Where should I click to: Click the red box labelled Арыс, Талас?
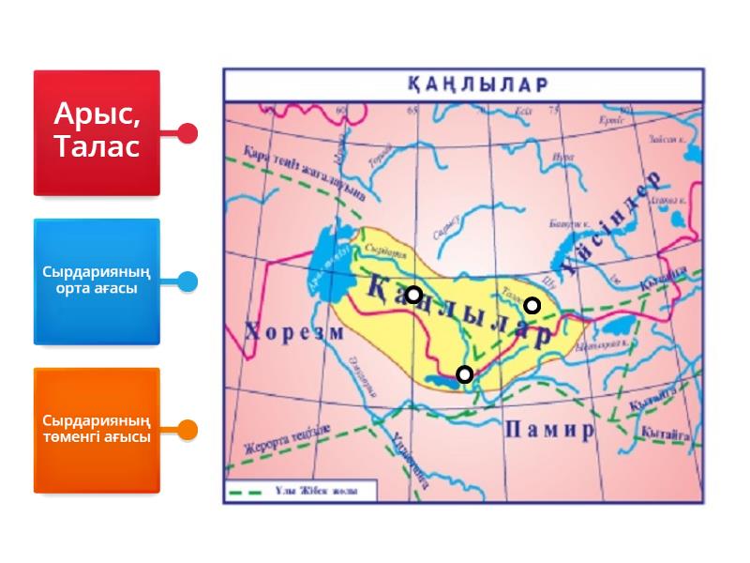coord(97,132)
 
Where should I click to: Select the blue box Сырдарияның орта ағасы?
coord(97,281)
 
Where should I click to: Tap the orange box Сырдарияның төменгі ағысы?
coord(97,430)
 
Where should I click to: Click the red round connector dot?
coord(187,133)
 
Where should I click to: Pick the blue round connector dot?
coord(187,281)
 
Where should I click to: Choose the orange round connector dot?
coord(187,431)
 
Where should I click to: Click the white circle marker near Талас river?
coord(532,305)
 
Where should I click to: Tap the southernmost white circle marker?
coord(464,374)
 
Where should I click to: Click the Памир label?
coord(549,431)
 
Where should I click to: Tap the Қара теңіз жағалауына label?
coord(302,172)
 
